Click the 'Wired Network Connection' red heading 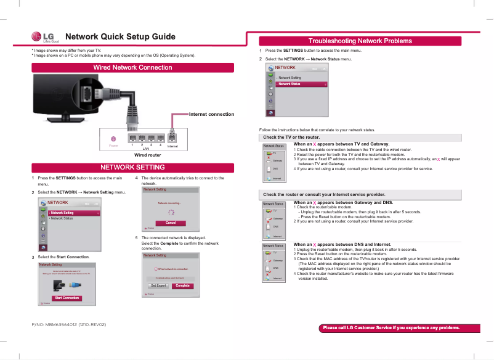tap(132, 67)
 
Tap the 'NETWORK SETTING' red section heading tap(132, 167)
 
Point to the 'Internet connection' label tap(211, 114)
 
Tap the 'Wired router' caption tap(147, 155)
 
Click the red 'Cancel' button tap(171, 222)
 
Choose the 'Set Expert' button tap(158, 285)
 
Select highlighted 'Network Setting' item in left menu tap(74, 213)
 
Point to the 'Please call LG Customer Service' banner tap(392, 327)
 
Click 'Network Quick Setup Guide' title tap(120, 36)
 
